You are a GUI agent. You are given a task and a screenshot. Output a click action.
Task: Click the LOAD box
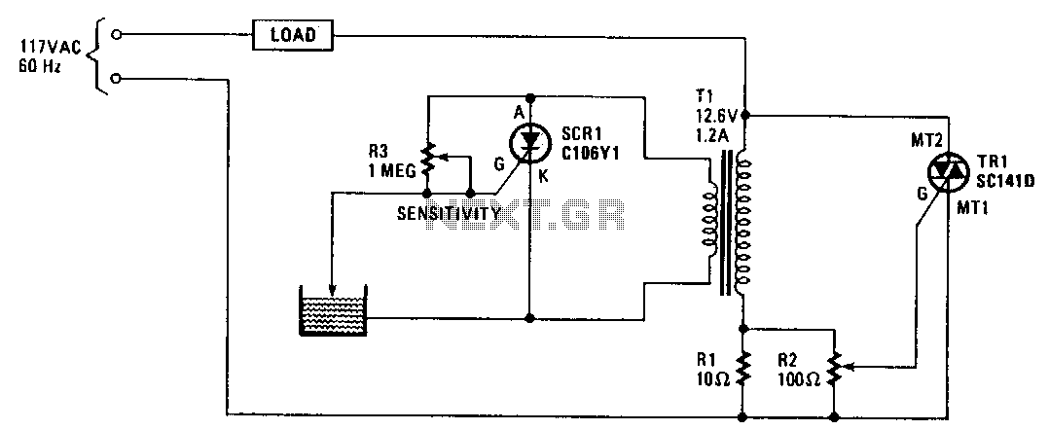pos(292,36)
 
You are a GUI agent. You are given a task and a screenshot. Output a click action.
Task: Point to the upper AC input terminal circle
pos(117,34)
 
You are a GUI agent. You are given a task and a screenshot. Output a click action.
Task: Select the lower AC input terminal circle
pos(117,77)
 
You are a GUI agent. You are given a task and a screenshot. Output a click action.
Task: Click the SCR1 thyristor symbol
pos(529,142)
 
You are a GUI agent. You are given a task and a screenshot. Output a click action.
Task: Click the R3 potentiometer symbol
pos(428,153)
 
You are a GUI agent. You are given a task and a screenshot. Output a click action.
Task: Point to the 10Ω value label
pos(715,380)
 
